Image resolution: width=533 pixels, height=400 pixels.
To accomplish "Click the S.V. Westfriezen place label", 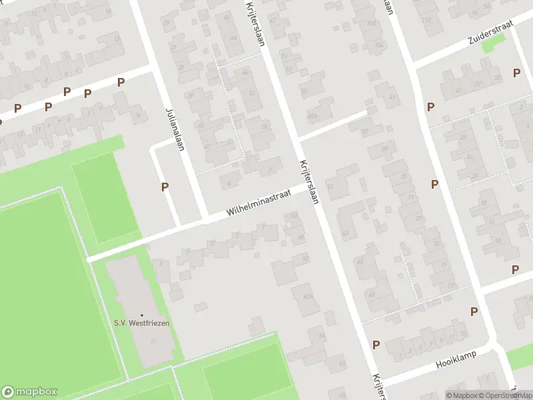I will coord(141,323).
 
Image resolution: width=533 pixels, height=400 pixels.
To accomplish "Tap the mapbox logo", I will coord(29,392).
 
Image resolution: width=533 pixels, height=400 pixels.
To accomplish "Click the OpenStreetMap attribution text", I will coord(506,395).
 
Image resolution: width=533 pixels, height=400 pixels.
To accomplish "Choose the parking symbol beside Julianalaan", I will coord(165,187).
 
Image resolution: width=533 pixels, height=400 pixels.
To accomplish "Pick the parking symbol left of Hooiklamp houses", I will coord(376,345).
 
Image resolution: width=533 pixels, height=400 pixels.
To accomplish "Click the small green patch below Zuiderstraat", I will coord(493,43).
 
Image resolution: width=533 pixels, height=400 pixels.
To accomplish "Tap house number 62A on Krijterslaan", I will coord(307,295).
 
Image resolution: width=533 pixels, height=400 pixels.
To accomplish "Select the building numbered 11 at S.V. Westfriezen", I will coord(153,341).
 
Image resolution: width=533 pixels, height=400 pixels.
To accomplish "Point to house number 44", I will coord(233,37).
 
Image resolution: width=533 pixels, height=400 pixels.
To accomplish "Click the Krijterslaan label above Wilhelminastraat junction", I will coord(256,23).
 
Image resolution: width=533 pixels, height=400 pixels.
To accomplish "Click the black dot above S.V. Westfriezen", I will coord(141,315).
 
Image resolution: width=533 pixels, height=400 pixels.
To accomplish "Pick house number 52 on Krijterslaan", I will coord(251,93).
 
